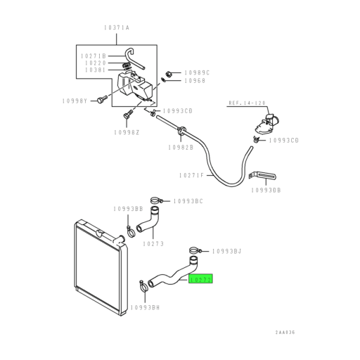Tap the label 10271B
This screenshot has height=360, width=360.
94,56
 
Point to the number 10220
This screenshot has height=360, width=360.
94,63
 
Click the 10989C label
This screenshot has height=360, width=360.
197,72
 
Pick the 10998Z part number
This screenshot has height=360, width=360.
126,131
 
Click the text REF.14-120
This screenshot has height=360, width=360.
244,103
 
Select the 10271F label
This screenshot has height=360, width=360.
191,175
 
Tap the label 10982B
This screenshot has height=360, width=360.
181,146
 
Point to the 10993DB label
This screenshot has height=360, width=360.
267,190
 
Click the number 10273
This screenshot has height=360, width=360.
153,244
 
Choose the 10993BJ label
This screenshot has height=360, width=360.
226,250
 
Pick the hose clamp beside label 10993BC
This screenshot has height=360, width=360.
160,200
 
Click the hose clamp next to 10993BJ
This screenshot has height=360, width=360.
195,249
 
